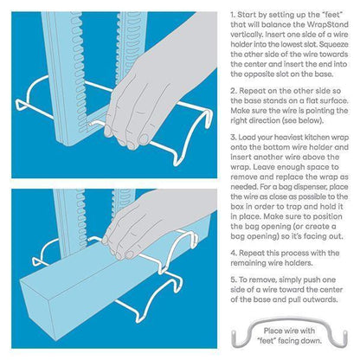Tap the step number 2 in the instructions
[x=233, y=91]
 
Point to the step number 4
[x=234, y=254]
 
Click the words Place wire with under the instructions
[x=289, y=331]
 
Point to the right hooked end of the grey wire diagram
[x=344, y=337]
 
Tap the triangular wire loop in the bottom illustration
[x=36, y=261]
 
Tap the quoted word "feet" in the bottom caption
[x=267, y=341]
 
